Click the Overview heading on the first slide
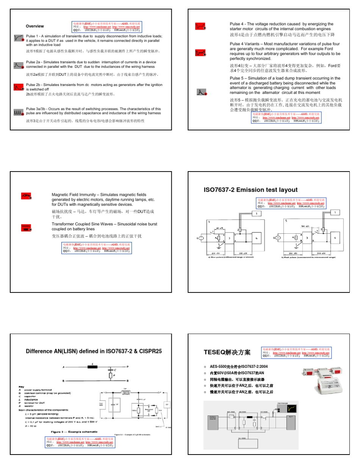point(34,26)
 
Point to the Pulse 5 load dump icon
point(202,92)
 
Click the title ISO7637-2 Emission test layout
point(250,189)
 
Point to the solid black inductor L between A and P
point(93,367)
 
